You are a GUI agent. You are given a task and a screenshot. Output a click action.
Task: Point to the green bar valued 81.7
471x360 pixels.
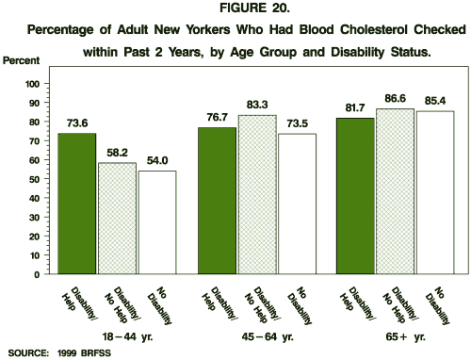tap(354, 196)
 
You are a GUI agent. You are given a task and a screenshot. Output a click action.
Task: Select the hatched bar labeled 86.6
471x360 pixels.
tap(394, 191)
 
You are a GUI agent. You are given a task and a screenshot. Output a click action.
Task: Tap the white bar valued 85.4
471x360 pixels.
tap(434, 193)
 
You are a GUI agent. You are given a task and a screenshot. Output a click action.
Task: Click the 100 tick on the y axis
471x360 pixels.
tap(32, 84)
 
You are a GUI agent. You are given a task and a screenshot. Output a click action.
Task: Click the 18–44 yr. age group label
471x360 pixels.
tap(114, 335)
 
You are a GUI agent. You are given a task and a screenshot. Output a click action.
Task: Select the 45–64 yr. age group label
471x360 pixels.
tap(253, 335)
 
